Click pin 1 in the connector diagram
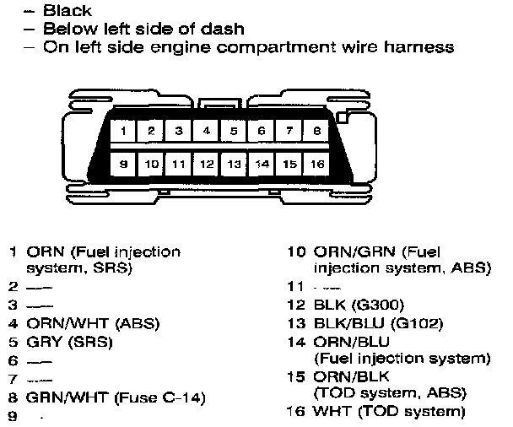click(123, 132)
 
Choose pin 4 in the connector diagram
click(206, 132)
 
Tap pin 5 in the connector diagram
click(234, 132)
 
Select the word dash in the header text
click(225, 29)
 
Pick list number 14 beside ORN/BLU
click(295, 342)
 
